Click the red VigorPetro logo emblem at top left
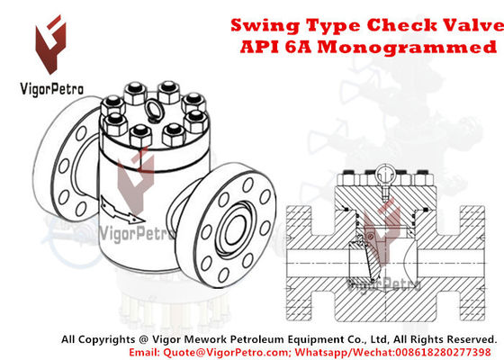[50, 45]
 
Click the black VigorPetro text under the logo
[52, 89]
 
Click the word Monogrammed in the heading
[407, 47]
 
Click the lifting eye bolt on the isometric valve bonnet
[154, 111]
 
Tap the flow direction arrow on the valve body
[121, 211]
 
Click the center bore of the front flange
[236, 230]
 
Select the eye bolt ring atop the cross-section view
[384, 174]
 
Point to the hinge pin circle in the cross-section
[370, 237]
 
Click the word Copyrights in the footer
[107, 339]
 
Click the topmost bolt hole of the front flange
[247, 184]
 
